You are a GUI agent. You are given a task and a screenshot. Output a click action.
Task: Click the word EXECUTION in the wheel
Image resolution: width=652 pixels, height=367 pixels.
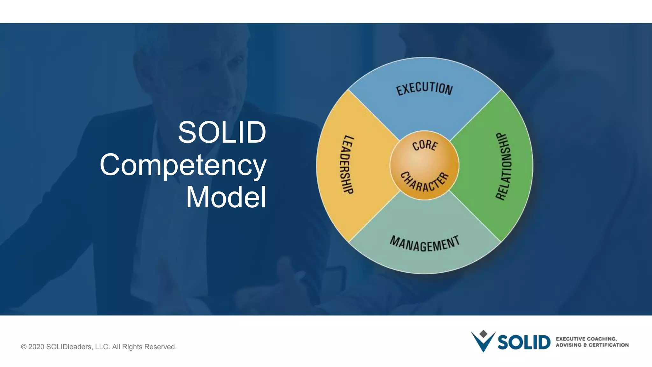tap(424, 88)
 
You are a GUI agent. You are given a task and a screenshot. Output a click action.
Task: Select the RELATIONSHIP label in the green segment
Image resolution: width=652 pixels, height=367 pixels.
tap(504, 166)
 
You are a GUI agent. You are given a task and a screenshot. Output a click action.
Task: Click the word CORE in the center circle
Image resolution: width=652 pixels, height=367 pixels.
tap(425, 145)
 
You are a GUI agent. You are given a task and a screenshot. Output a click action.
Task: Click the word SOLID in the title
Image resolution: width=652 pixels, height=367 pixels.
tap(222, 132)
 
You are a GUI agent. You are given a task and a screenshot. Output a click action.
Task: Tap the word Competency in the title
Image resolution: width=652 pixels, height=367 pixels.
tap(183, 165)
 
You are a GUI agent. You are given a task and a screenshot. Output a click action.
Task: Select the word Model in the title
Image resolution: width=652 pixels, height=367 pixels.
tap(226, 197)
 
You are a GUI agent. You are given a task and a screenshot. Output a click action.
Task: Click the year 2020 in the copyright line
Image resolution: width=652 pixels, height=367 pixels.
tap(36, 347)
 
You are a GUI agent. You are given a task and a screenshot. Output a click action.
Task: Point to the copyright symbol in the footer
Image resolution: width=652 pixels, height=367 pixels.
tap(24, 347)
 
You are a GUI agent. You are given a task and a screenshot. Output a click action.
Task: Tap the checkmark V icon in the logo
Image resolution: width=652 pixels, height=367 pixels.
tap(483, 343)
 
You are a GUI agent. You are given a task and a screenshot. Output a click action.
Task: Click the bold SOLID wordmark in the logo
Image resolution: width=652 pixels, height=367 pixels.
tap(524, 342)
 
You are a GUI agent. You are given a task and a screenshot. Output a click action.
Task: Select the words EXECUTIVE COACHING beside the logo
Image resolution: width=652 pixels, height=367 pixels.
tap(586, 339)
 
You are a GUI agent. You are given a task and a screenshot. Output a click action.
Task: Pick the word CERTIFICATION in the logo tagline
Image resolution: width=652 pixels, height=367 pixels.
tap(608, 345)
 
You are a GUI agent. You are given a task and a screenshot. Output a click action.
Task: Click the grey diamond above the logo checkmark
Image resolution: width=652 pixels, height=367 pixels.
tap(483, 334)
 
